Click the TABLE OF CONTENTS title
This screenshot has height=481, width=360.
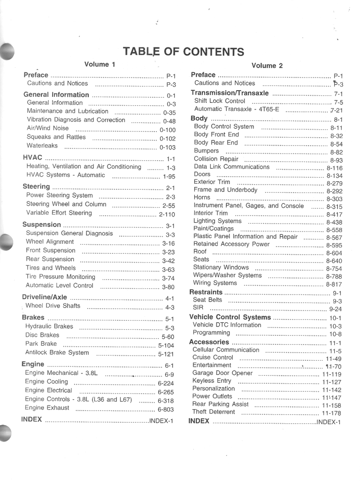click(x=183, y=52)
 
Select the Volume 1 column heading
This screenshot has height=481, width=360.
click(x=100, y=64)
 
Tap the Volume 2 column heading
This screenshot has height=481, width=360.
click(x=267, y=66)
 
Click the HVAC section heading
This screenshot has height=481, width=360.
click(x=32, y=158)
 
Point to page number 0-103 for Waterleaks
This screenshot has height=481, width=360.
click(x=167, y=147)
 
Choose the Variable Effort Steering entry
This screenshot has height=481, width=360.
click(x=59, y=213)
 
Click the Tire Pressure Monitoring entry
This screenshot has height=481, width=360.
click(x=60, y=277)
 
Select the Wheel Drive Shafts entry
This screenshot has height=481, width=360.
click(x=53, y=306)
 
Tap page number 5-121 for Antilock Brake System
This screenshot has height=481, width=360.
click(x=166, y=354)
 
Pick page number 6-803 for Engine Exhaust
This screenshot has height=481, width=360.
click(x=166, y=410)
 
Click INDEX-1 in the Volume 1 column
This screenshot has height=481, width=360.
click(x=161, y=421)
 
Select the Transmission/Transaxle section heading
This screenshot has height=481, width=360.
click(x=230, y=93)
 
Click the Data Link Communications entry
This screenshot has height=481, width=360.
click(x=231, y=167)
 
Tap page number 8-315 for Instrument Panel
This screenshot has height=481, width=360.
click(x=334, y=207)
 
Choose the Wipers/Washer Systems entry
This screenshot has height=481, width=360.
click(x=227, y=275)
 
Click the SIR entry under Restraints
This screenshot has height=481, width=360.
click(x=198, y=308)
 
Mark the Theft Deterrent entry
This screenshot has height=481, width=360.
click(x=214, y=412)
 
